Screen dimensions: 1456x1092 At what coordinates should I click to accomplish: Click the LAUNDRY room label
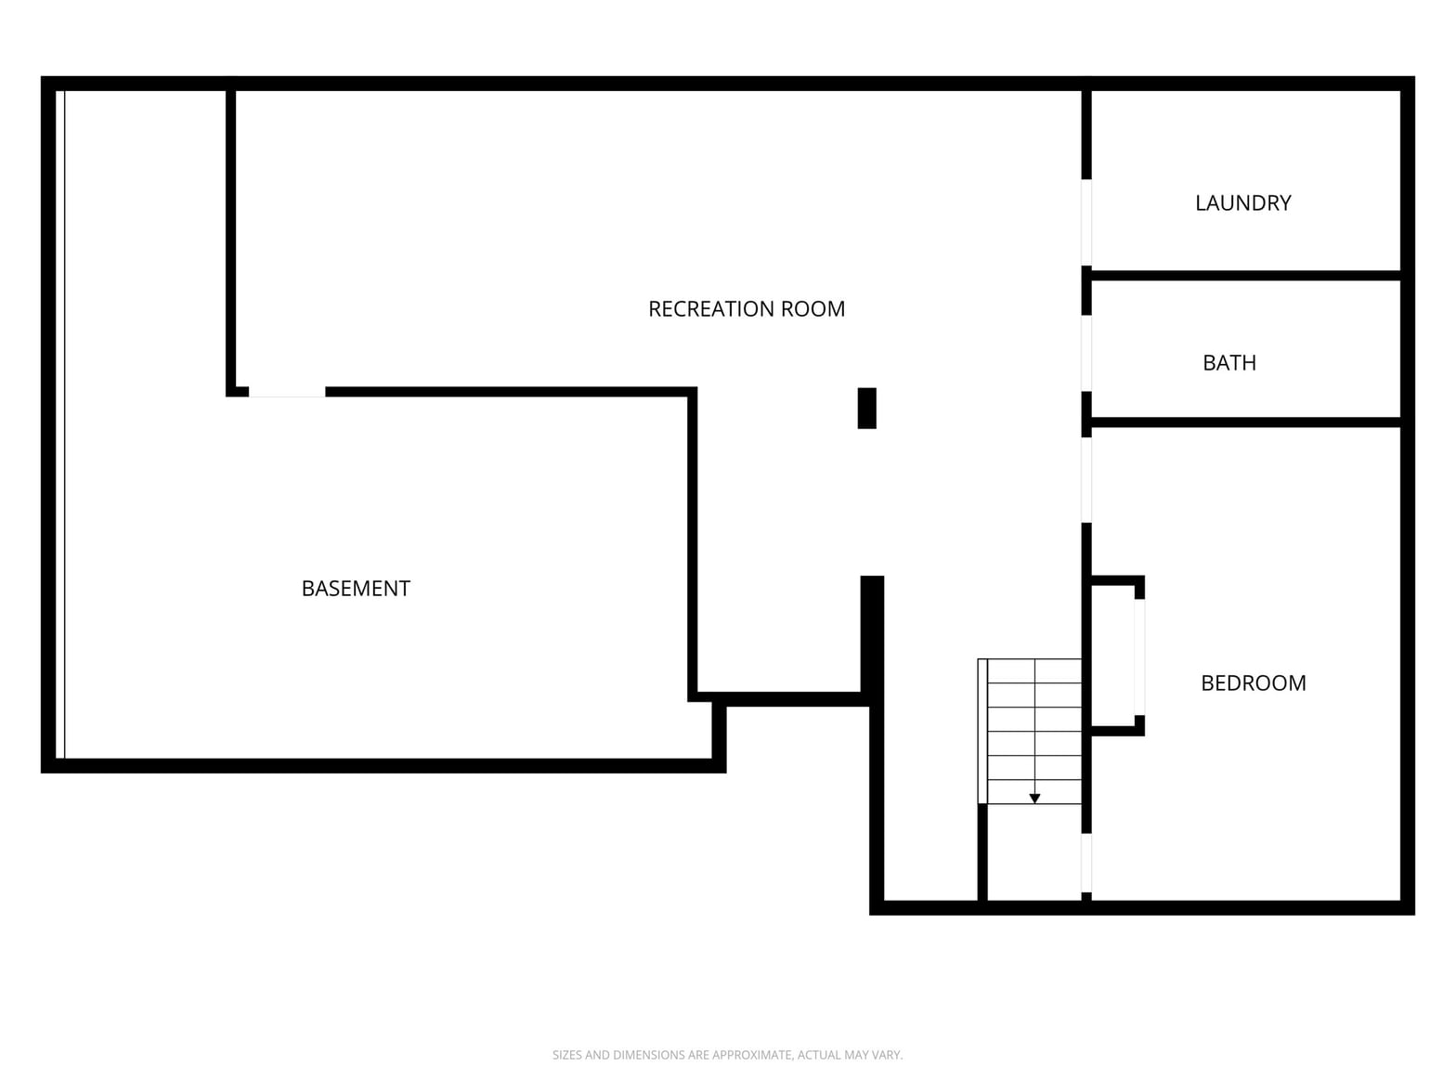(1242, 202)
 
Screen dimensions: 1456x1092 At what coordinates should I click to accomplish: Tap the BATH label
(1229, 363)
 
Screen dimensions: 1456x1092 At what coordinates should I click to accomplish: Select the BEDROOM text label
(1253, 682)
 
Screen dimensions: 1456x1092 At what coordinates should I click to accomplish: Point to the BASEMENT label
(356, 588)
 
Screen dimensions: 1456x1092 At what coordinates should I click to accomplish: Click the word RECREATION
(709, 309)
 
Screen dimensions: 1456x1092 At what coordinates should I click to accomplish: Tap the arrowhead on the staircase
(1034, 799)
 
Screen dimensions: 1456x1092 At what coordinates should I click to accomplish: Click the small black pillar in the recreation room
(867, 409)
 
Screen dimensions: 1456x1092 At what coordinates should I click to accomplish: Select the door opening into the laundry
(1086, 223)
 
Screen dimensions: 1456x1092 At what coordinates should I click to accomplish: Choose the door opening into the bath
(1086, 354)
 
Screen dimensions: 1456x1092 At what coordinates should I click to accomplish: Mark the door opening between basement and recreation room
(287, 393)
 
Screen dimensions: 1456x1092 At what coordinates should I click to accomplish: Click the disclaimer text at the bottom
(727, 1055)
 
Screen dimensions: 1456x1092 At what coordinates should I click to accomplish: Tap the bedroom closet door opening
(1139, 657)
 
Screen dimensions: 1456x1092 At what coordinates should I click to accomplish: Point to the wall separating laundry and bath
(1246, 275)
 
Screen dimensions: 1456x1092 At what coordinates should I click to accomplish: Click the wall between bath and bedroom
(1246, 422)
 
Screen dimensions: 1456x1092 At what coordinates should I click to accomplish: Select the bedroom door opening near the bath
(1086, 480)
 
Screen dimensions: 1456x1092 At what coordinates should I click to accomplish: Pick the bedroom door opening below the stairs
(1086, 863)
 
